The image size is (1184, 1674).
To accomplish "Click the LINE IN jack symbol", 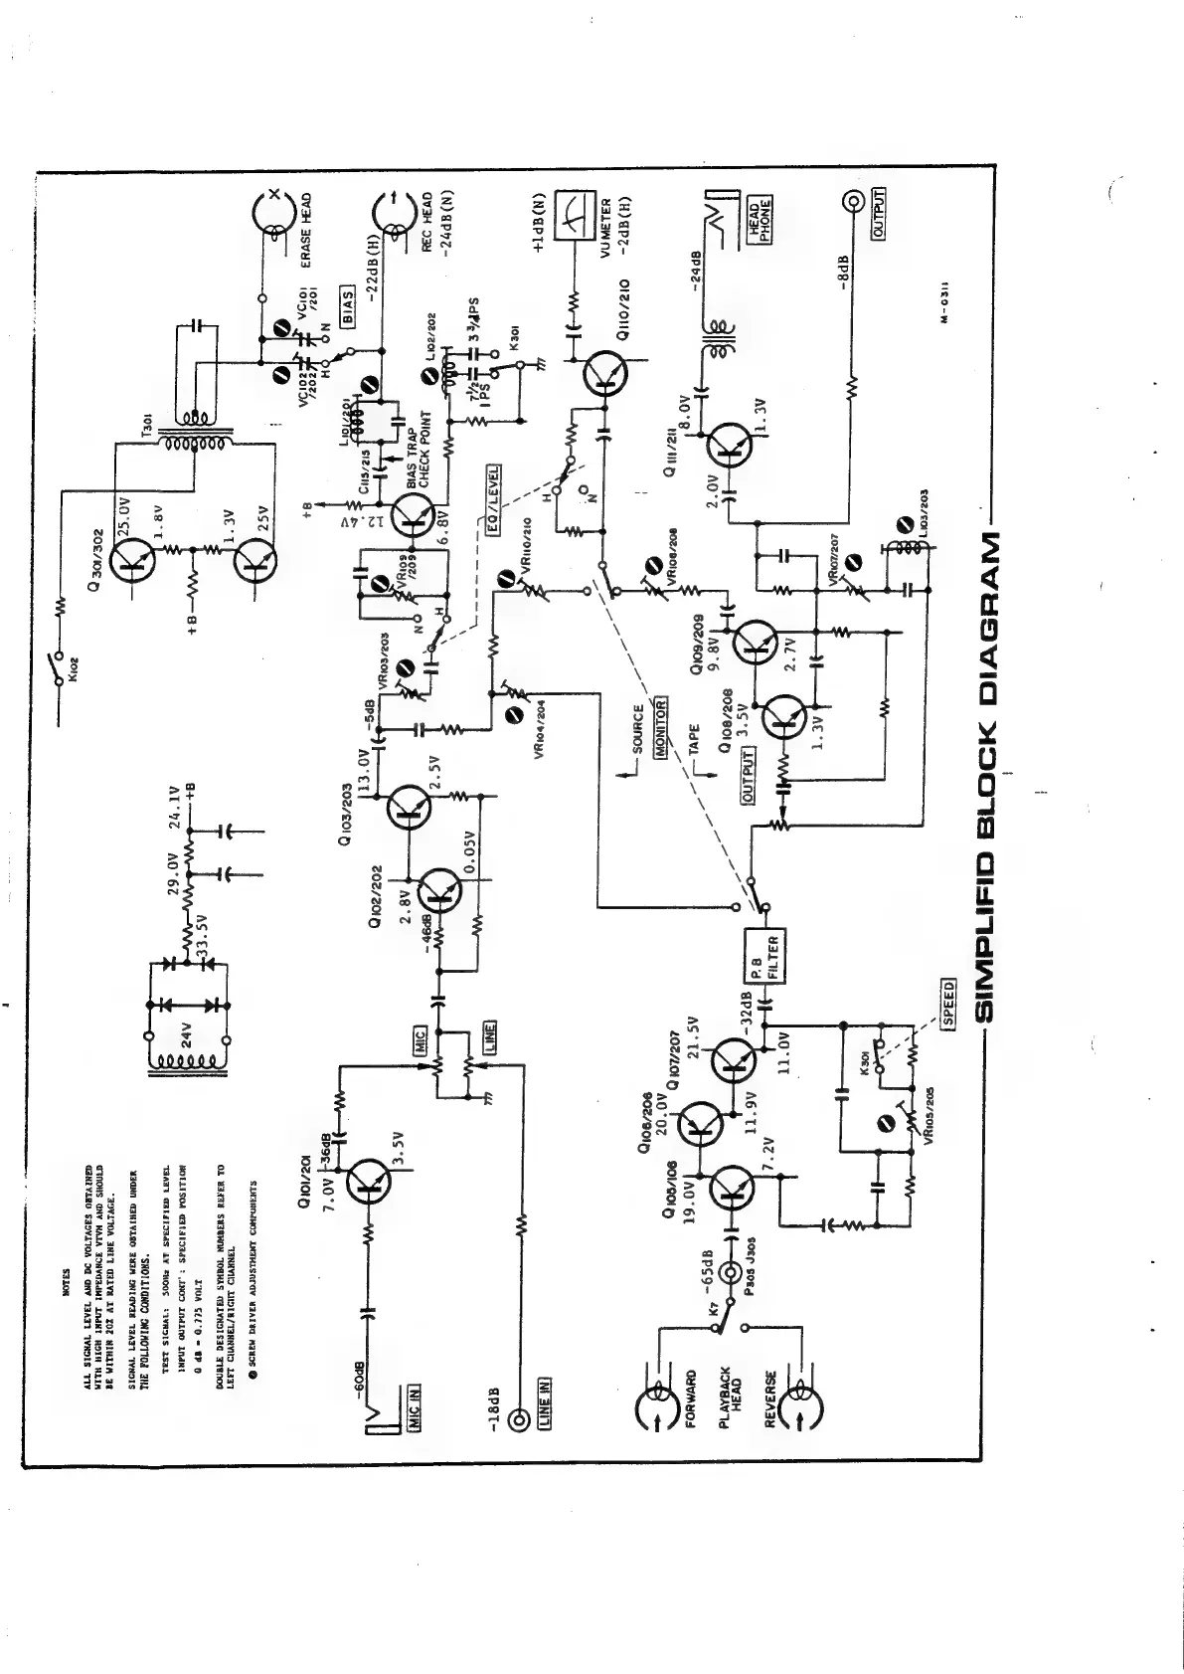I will click(518, 1419).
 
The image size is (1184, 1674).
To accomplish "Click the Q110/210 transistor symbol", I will click(601, 371).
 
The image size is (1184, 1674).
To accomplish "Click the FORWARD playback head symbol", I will click(656, 1404).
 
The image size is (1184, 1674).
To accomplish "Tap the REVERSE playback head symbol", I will click(798, 1404).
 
